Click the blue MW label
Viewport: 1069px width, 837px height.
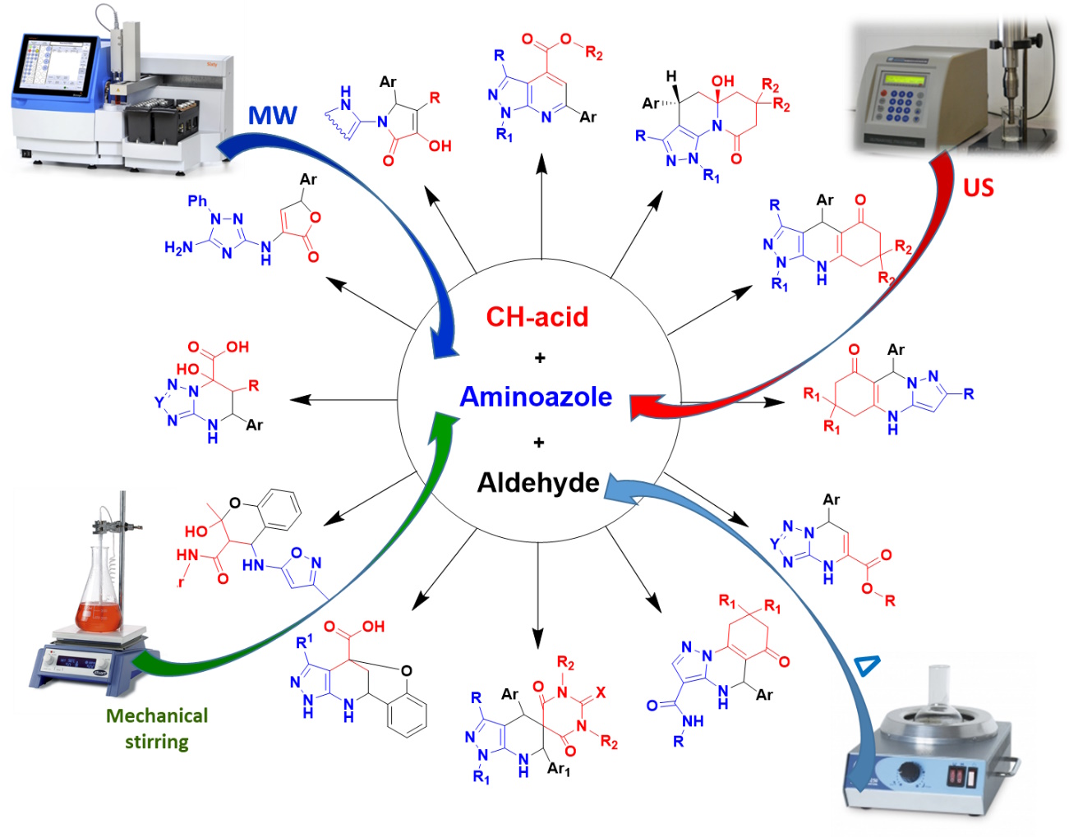tap(272, 115)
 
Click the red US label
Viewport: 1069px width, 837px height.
tap(978, 188)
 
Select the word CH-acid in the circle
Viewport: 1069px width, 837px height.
tap(537, 317)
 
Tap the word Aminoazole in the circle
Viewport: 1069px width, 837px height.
tap(536, 397)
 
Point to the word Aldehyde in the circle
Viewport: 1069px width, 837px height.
tap(538, 482)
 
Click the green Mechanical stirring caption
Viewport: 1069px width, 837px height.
tap(157, 729)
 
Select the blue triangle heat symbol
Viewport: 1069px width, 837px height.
tap(867, 665)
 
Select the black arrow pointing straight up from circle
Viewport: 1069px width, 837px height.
tap(541, 205)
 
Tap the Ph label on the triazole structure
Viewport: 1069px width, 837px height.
tap(197, 200)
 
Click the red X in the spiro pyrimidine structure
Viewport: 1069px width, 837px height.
tap(601, 692)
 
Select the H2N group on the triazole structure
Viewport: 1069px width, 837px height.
tap(178, 247)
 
